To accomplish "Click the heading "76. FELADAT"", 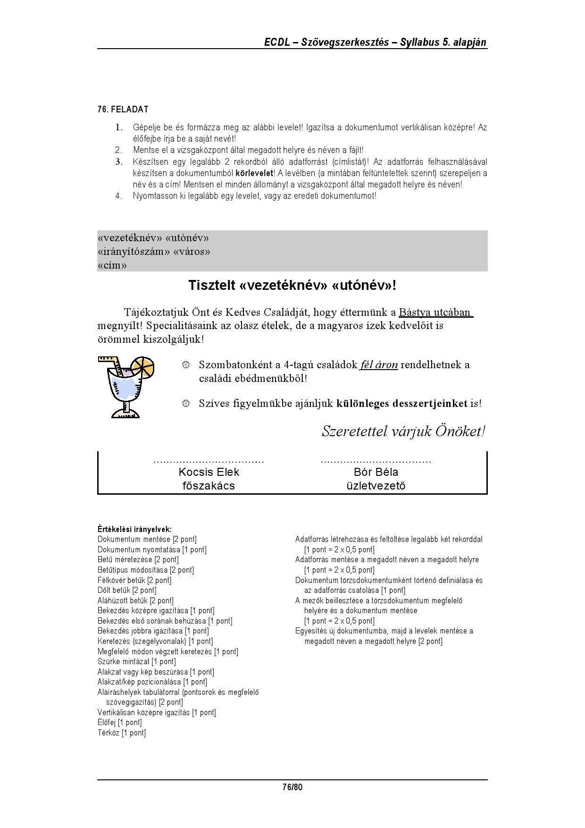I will coord(123,110).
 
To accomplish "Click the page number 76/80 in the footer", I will coord(292,787).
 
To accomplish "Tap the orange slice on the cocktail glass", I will coord(142,368).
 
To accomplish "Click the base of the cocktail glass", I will coord(125,414).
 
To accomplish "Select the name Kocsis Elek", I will coord(209,472).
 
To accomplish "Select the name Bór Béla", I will coord(376,472).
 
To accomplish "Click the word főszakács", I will coord(209,486).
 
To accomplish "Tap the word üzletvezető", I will coord(376,486).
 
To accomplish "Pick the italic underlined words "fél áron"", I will coord(379,365).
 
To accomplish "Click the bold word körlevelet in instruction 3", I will coord(254,173).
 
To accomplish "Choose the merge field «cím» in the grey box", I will coord(112,265).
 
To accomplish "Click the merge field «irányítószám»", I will coord(134,252).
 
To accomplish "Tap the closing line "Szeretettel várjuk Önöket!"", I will coord(403,431).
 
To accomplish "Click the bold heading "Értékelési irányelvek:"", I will coord(134,529).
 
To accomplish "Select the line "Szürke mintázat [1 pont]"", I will coord(137,662).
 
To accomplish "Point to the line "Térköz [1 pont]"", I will coord(122,733).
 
